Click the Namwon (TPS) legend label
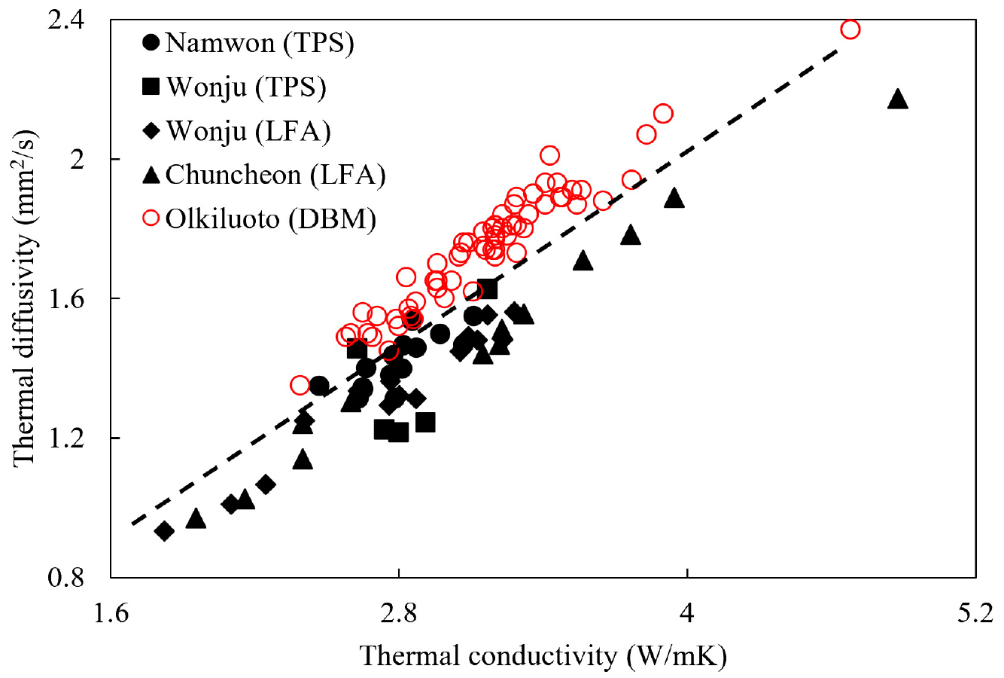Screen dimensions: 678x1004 click(260, 42)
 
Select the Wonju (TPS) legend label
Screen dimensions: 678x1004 click(246, 87)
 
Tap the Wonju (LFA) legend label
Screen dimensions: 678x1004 click(248, 131)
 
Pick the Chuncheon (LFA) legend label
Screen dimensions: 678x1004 click(275, 175)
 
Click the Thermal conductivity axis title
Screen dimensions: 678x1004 click(543, 657)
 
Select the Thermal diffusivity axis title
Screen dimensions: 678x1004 click(24, 299)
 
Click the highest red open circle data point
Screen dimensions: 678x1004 click(850, 29)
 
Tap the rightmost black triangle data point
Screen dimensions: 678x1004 click(897, 99)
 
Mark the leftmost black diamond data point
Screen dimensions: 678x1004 click(164, 531)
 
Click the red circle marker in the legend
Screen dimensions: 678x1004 click(151, 218)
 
